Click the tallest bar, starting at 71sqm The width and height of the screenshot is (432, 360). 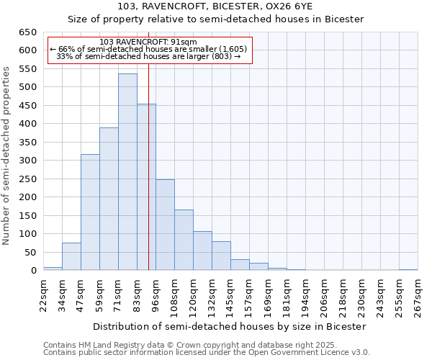(127, 172)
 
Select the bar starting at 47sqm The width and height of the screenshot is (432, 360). (90, 212)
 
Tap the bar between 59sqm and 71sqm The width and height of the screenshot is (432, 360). (109, 199)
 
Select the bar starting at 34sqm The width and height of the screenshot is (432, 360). (71, 256)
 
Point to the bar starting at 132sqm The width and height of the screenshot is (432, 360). (221, 256)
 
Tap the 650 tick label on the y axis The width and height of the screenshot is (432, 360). (27, 32)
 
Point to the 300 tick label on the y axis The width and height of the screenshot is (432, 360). (27, 161)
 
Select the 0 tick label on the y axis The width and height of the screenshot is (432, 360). (33, 271)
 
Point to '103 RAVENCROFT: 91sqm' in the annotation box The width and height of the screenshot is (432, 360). (148, 42)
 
